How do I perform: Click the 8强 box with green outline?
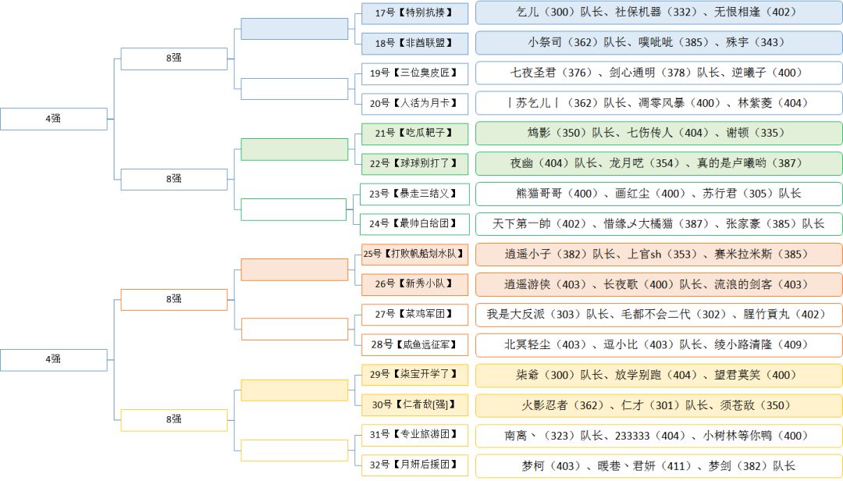[174, 179]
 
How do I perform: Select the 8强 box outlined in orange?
[174, 299]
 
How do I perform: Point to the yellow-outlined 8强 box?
[174, 419]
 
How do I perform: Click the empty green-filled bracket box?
[294, 149]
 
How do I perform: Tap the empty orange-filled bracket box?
[294, 269]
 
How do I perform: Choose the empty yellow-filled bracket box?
[294, 390]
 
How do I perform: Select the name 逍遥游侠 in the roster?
[528, 284]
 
